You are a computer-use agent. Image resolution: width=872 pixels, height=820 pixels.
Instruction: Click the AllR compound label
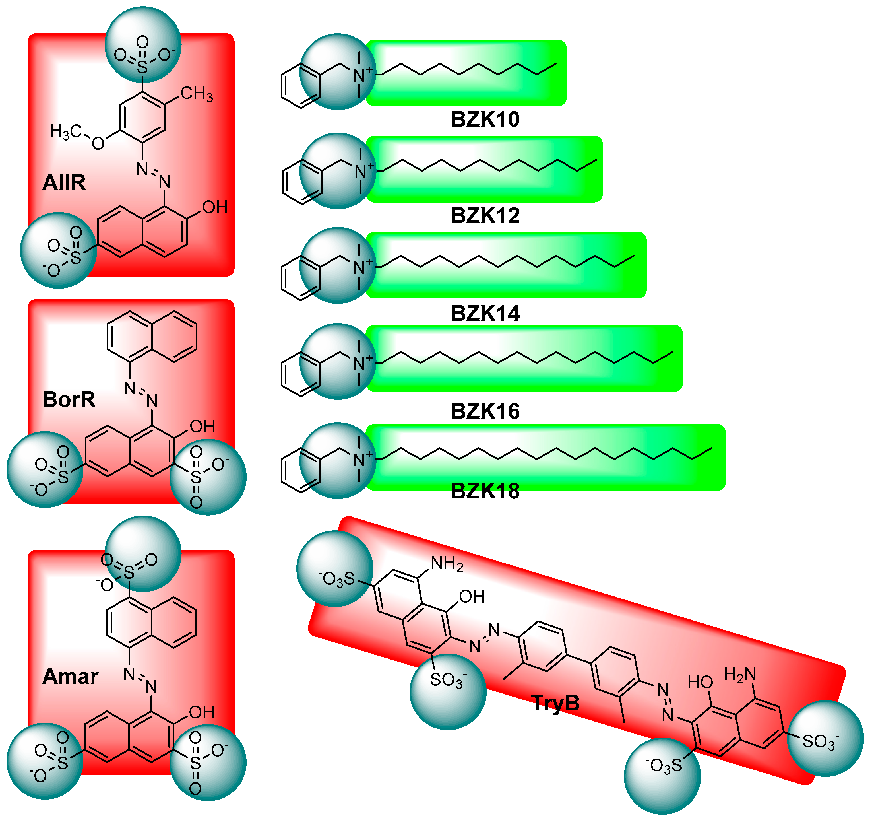[64, 182]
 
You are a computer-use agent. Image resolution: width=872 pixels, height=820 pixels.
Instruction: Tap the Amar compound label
[70, 677]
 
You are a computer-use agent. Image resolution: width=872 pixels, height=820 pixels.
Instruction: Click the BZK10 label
[485, 119]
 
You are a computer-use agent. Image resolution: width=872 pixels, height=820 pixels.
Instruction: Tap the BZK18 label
[485, 491]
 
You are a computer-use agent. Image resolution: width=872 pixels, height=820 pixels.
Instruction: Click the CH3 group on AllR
[197, 93]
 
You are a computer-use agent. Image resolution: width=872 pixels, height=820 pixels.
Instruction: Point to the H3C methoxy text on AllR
[65, 132]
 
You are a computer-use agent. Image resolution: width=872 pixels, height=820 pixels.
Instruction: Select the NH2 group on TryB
[447, 564]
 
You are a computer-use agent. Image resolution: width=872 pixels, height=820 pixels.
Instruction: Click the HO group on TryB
[700, 682]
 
